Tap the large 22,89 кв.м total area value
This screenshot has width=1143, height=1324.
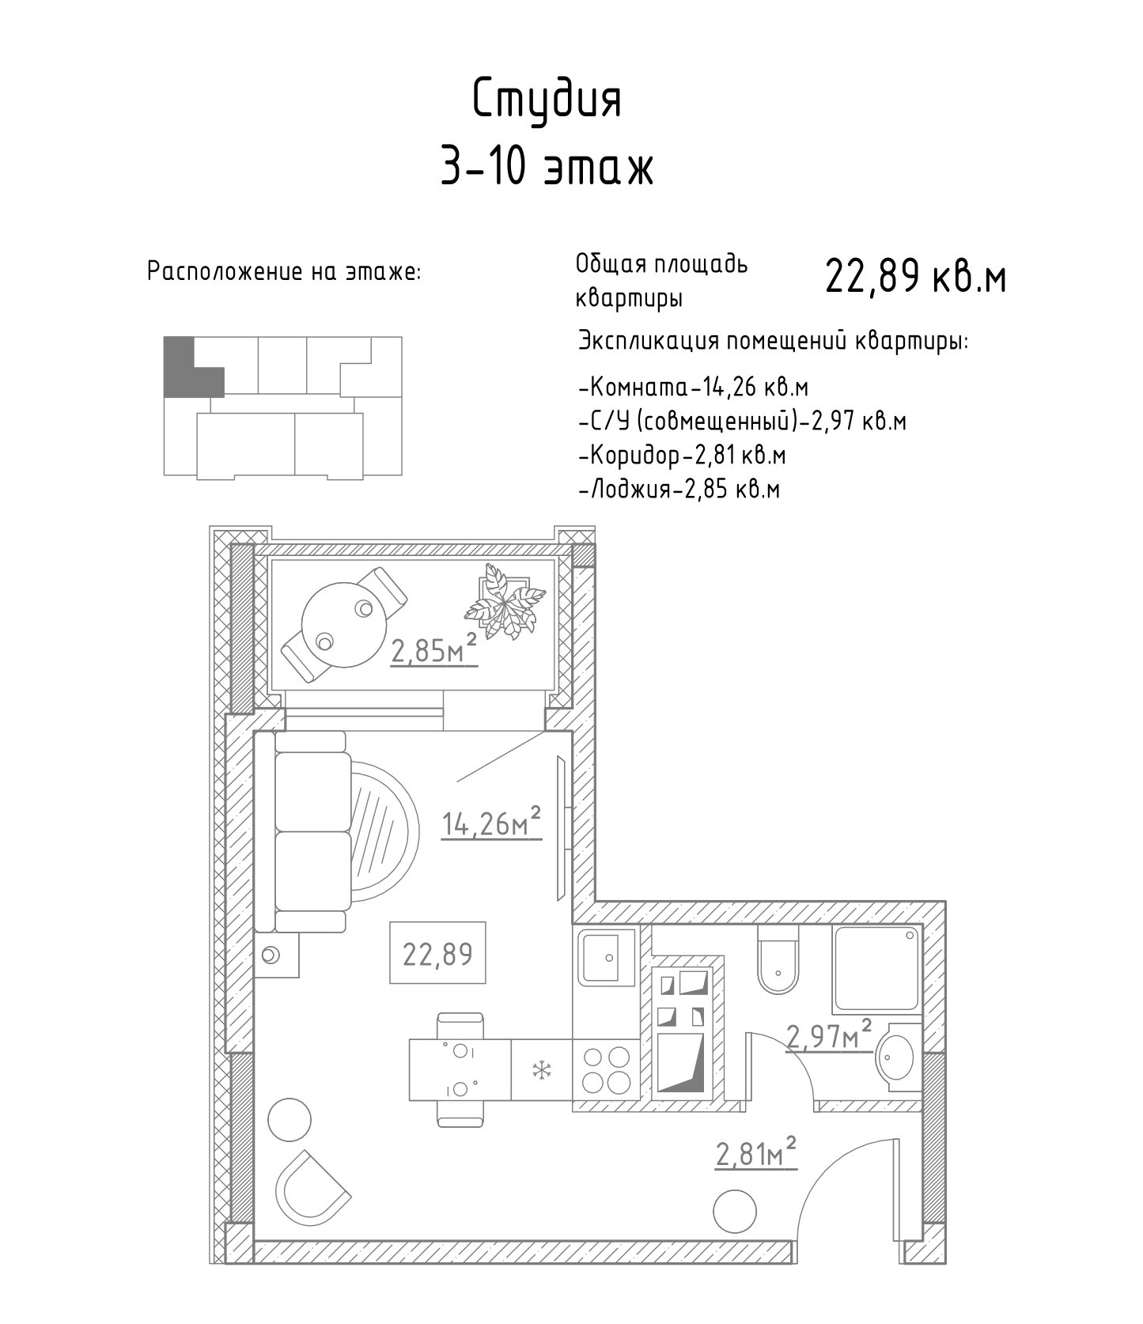pyautogui.click(x=916, y=277)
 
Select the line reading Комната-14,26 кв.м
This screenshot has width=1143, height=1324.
pyautogui.click(x=694, y=388)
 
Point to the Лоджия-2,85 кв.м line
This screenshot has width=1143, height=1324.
pyautogui.click(x=679, y=490)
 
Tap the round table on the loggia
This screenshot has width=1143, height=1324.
pyautogui.click(x=342, y=626)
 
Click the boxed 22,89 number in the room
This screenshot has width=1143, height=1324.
pyautogui.click(x=437, y=953)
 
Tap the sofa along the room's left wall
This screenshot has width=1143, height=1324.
pyautogui.click(x=311, y=831)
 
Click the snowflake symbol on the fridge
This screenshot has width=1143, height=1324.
pyautogui.click(x=542, y=1071)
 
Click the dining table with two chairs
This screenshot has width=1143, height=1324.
pyautogui.click(x=460, y=1069)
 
